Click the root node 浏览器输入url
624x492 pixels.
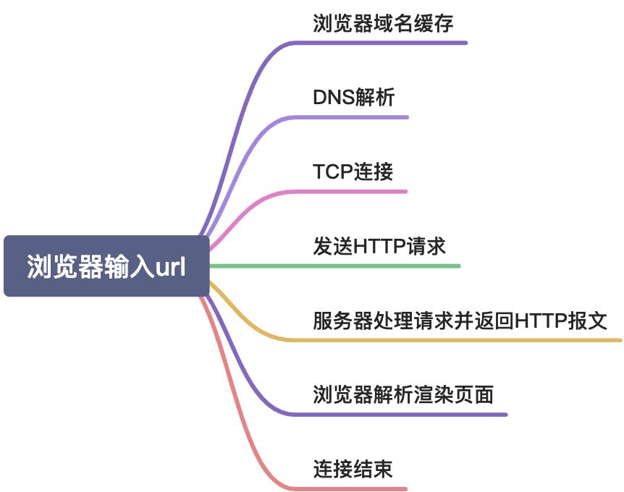pyautogui.click(x=106, y=266)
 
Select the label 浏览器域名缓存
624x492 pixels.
pyautogui.click(x=383, y=23)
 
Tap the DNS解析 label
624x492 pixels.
pyautogui.click(x=353, y=98)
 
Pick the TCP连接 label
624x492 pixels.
pyautogui.click(x=353, y=171)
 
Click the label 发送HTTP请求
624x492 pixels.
pyautogui.click(x=379, y=246)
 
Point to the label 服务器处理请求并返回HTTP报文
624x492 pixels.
pyautogui.click(x=460, y=320)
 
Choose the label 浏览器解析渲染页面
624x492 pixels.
pyautogui.click(x=403, y=394)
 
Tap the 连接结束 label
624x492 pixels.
pyautogui.click(x=353, y=469)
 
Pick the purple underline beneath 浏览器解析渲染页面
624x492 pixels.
pyautogui.click(x=405, y=415)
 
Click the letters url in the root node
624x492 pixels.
pyautogui.click(x=172, y=266)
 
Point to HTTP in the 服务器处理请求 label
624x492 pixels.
pyautogui.click(x=540, y=320)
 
